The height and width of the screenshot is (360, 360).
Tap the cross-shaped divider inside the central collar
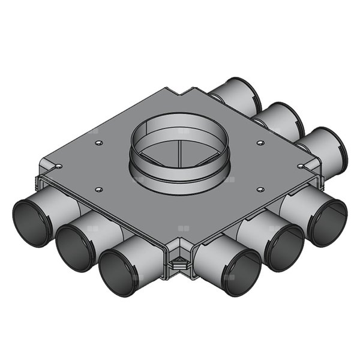click(181, 150)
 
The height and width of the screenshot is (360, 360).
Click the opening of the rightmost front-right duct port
click(326, 221)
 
